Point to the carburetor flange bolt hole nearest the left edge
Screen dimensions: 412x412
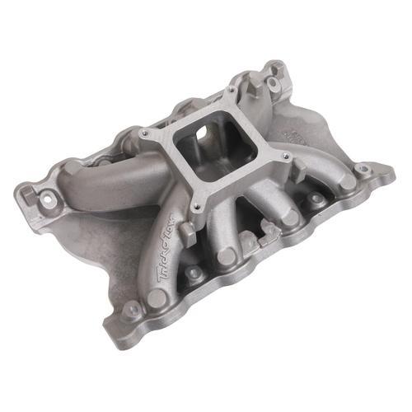[x=144, y=133]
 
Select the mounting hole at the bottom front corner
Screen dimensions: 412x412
[x=132, y=311]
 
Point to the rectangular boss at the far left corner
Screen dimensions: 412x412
[x=30, y=194]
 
